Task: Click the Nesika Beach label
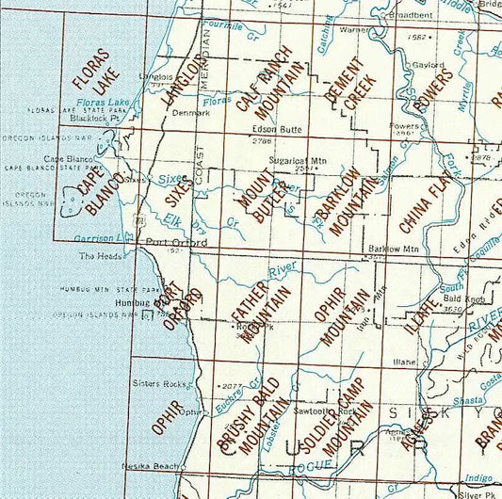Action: point(152,467)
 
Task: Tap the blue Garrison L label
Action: point(100,237)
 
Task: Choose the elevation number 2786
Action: point(262,140)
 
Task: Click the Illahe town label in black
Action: point(405,361)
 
